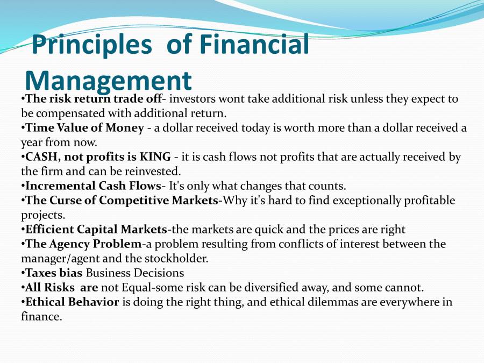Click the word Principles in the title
92,45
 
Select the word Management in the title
108,80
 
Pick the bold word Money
124,128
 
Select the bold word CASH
42,157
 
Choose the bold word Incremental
59,186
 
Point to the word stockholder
178,259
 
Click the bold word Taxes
41,273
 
